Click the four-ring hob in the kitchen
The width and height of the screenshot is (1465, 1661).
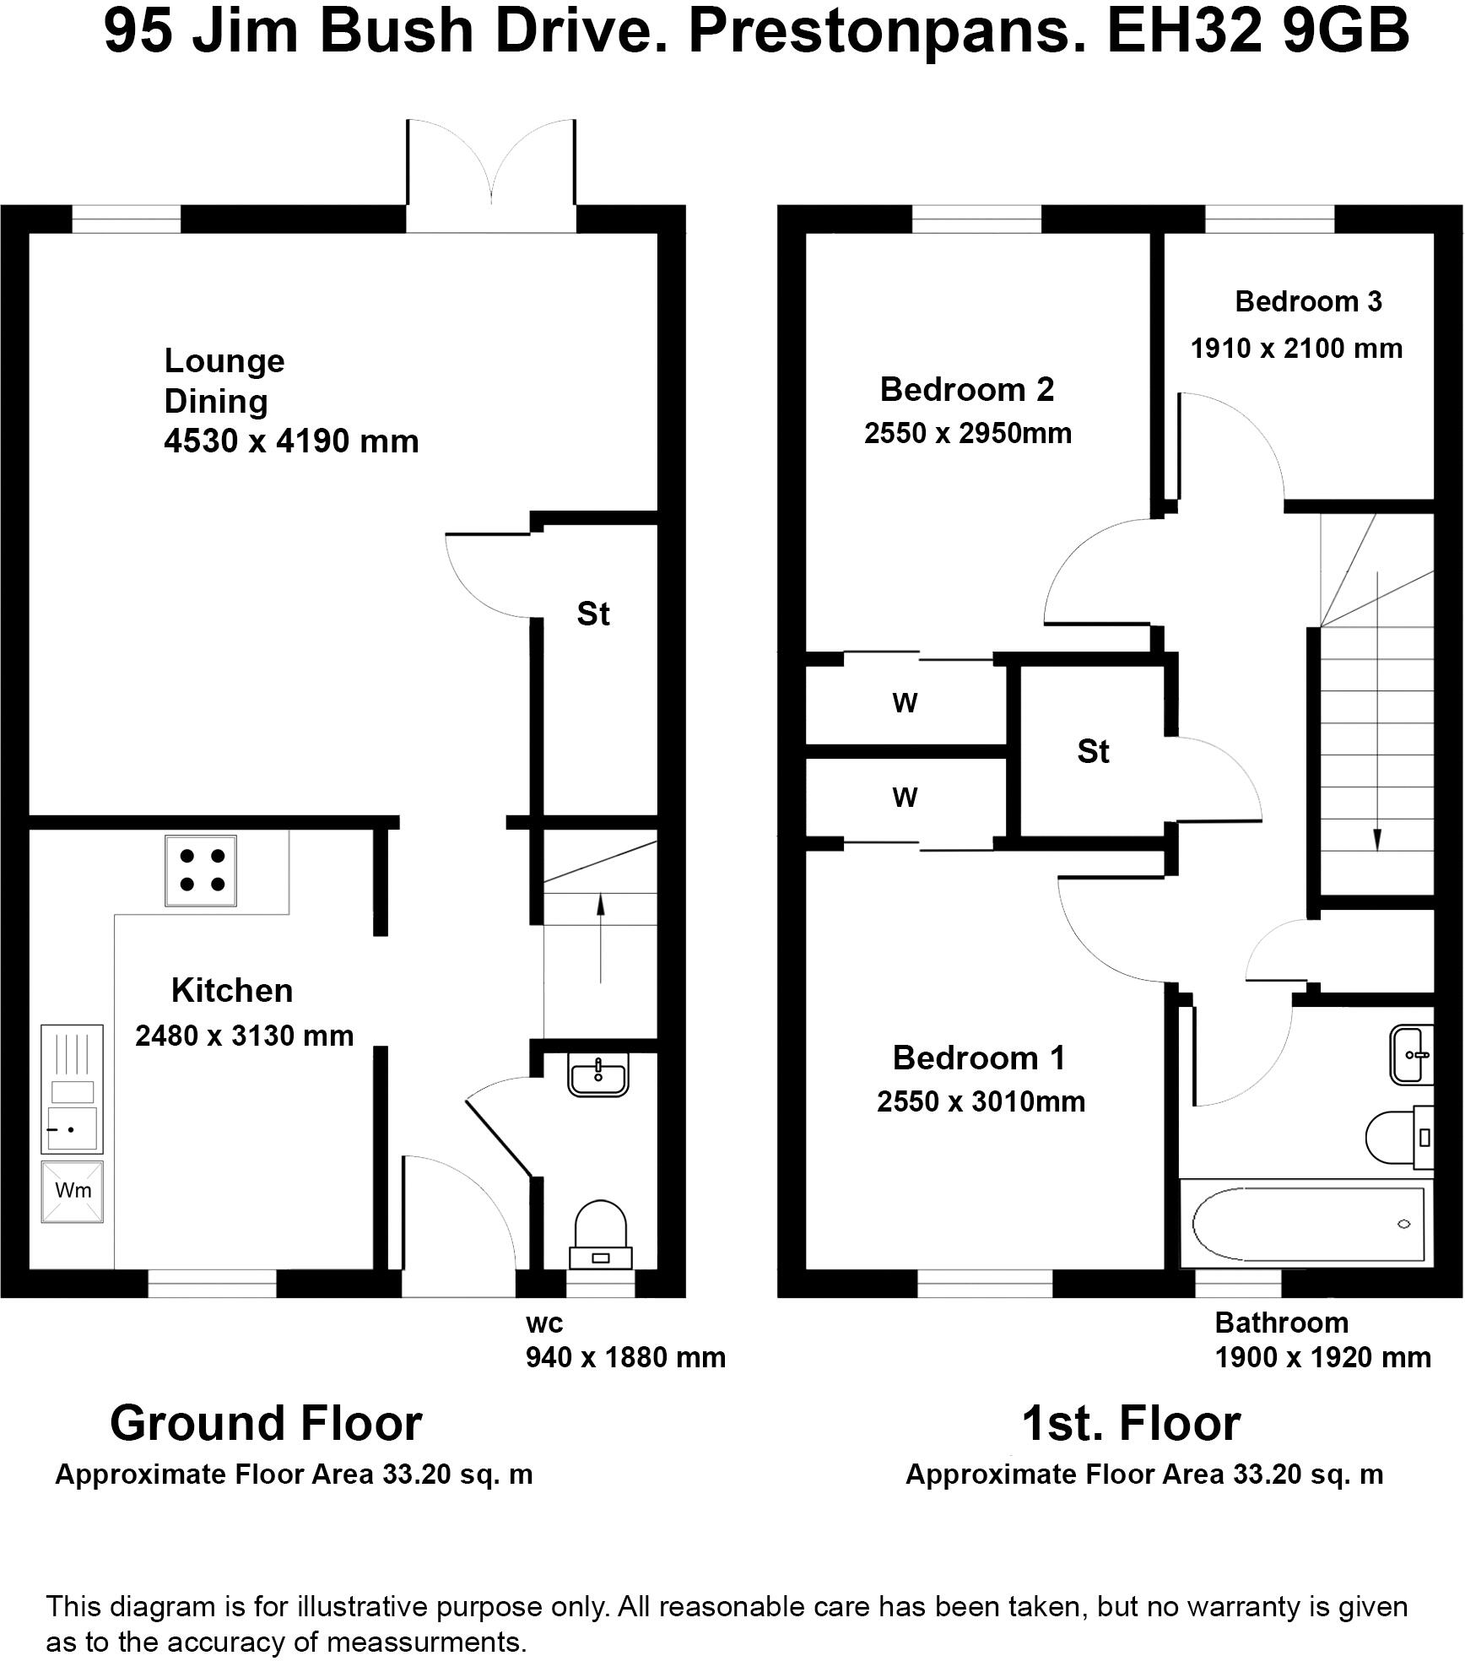click(200, 870)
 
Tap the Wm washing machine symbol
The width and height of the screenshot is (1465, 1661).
click(73, 1191)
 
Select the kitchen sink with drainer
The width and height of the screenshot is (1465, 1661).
click(72, 1089)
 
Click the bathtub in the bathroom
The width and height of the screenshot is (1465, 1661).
click(1307, 1223)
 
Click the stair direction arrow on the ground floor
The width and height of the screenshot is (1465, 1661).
click(600, 937)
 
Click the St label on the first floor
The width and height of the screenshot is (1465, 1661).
click(1093, 751)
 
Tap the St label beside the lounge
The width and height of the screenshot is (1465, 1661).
click(593, 614)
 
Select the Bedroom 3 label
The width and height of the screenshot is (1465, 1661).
click(1308, 301)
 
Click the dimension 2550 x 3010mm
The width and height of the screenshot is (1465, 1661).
click(981, 1101)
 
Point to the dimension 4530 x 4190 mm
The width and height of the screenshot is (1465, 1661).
click(291, 441)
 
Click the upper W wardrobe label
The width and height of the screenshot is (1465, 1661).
click(905, 702)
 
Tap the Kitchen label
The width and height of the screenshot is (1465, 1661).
click(232, 990)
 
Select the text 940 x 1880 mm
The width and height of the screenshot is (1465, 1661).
click(625, 1357)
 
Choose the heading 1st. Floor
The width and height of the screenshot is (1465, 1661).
click(1131, 1424)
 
